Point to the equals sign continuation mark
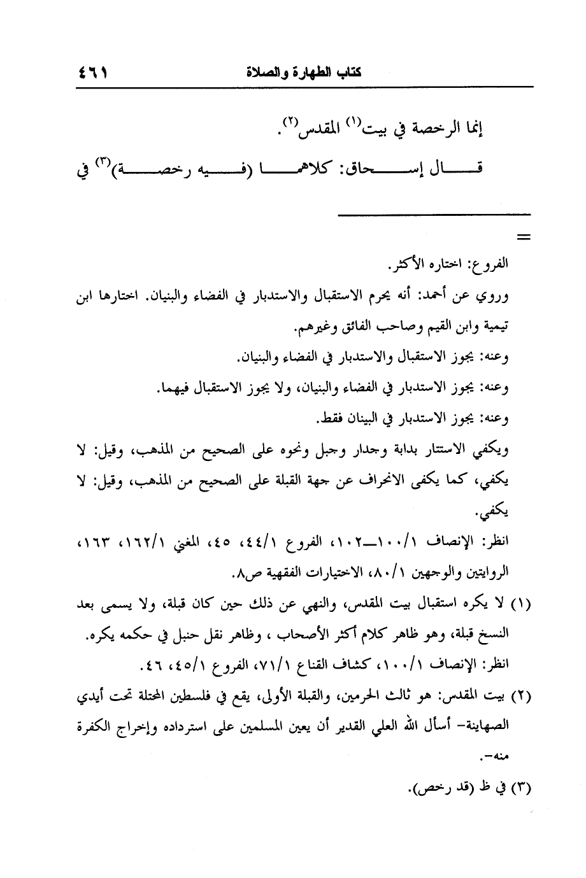pyautogui.click(x=524, y=238)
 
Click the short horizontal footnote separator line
pyautogui.click(x=434, y=214)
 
